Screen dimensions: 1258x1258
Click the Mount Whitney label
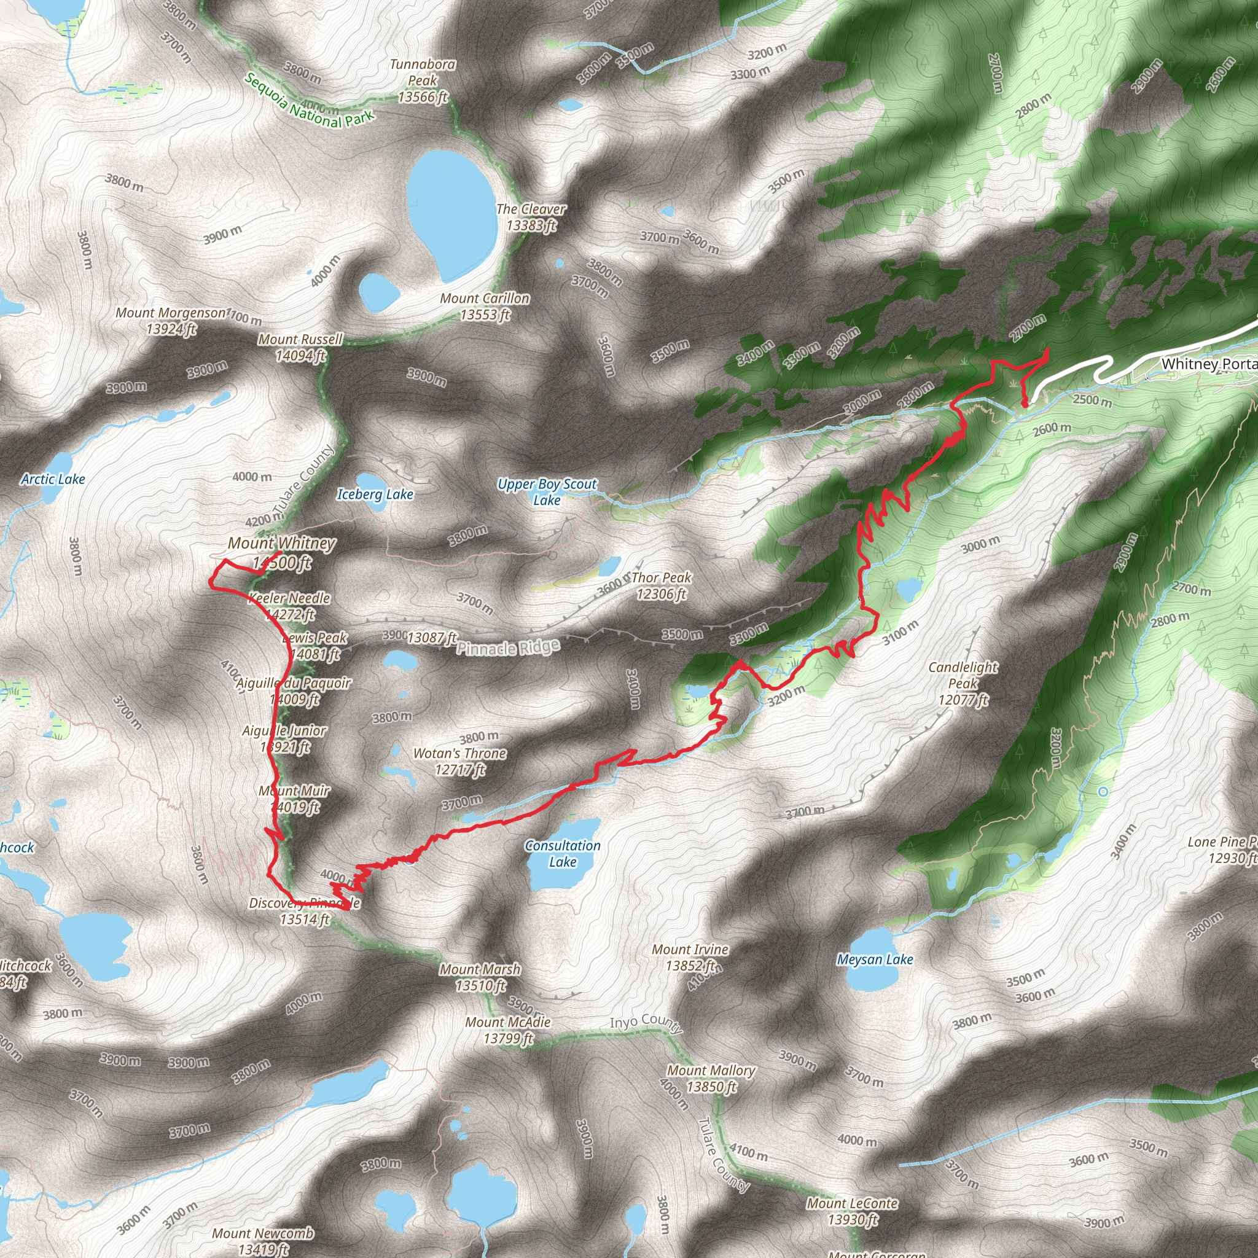pyautogui.click(x=281, y=552)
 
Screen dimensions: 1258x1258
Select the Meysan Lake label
pyautogui.click(x=875, y=959)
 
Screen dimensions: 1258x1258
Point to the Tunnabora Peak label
pyautogui.click(x=423, y=80)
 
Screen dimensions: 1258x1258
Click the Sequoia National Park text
pyautogui.click(x=310, y=101)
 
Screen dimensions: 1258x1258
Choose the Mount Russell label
pyautogui.click(x=300, y=347)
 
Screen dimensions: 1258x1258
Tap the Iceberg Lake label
pyautogui.click(x=375, y=494)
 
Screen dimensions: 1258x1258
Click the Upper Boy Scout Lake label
pyautogui.click(x=547, y=491)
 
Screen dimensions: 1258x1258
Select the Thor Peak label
pyautogui.click(x=661, y=585)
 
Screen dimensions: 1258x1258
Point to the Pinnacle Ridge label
pyautogui.click(x=508, y=648)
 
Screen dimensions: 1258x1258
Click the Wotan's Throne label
pyautogui.click(x=459, y=761)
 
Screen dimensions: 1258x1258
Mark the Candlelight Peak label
pyautogui.click(x=963, y=683)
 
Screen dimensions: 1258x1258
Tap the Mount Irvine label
pyautogui.click(x=690, y=957)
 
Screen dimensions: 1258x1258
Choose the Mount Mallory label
pyautogui.click(x=711, y=1078)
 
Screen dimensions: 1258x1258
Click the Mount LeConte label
pyautogui.click(x=853, y=1211)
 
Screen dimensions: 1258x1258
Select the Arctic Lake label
pyautogui.click(x=53, y=479)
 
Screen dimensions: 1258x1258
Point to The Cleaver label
pyautogui.click(x=531, y=217)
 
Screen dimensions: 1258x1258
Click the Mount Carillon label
pyautogui.click(x=485, y=306)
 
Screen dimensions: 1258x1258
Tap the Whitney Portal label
pyautogui.click(x=1208, y=364)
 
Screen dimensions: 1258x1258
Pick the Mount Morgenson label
pyautogui.click(x=171, y=321)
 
